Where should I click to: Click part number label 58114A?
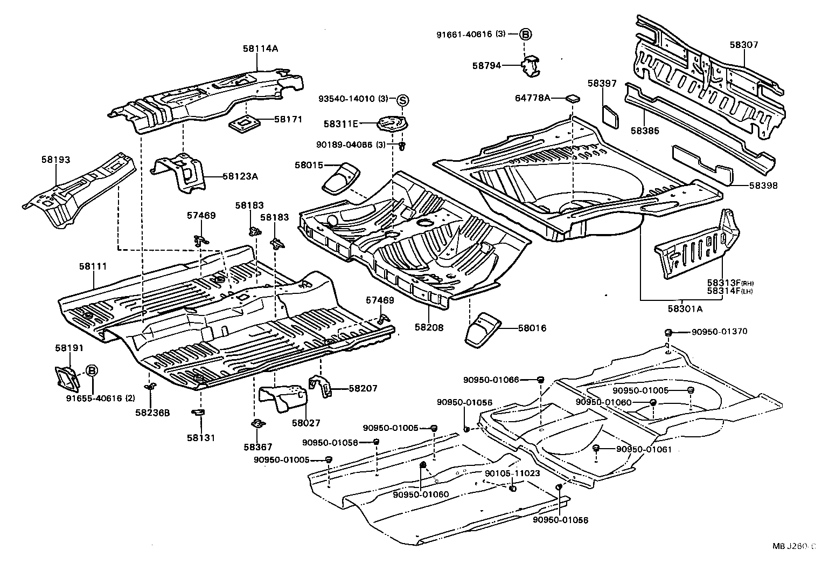(260, 49)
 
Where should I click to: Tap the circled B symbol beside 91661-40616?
(525, 34)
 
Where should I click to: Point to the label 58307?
(744, 45)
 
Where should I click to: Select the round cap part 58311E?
(392, 124)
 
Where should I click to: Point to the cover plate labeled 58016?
(481, 329)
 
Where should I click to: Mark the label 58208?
(429, 327)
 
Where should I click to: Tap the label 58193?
(55, 160)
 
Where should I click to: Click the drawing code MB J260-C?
(794, 546)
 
